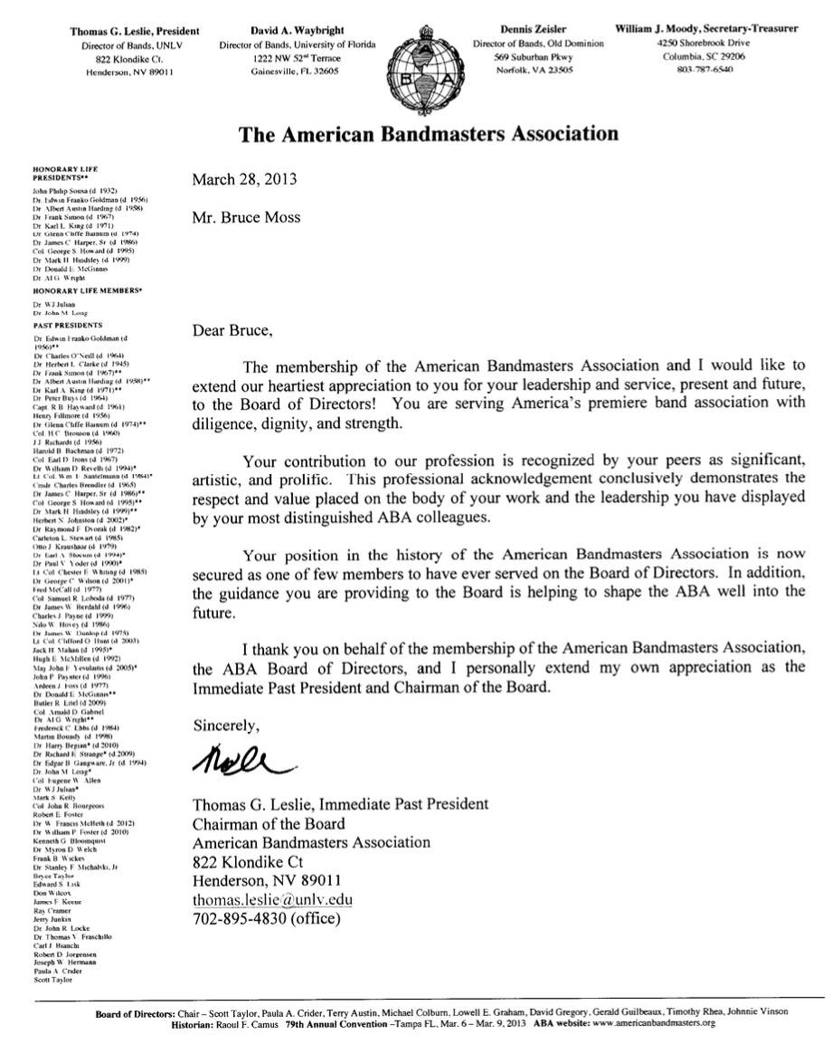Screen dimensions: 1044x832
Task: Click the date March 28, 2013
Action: (x=244, y=179)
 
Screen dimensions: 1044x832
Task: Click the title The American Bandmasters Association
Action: (x=429, y=135)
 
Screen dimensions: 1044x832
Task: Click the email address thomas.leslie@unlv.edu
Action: (x=271, y=900)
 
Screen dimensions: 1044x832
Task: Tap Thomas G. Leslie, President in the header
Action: (x=128, y=29)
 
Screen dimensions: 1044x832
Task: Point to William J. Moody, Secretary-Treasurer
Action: (x=707, y=29)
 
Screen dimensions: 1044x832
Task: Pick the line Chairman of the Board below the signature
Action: (x=269, y=822)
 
